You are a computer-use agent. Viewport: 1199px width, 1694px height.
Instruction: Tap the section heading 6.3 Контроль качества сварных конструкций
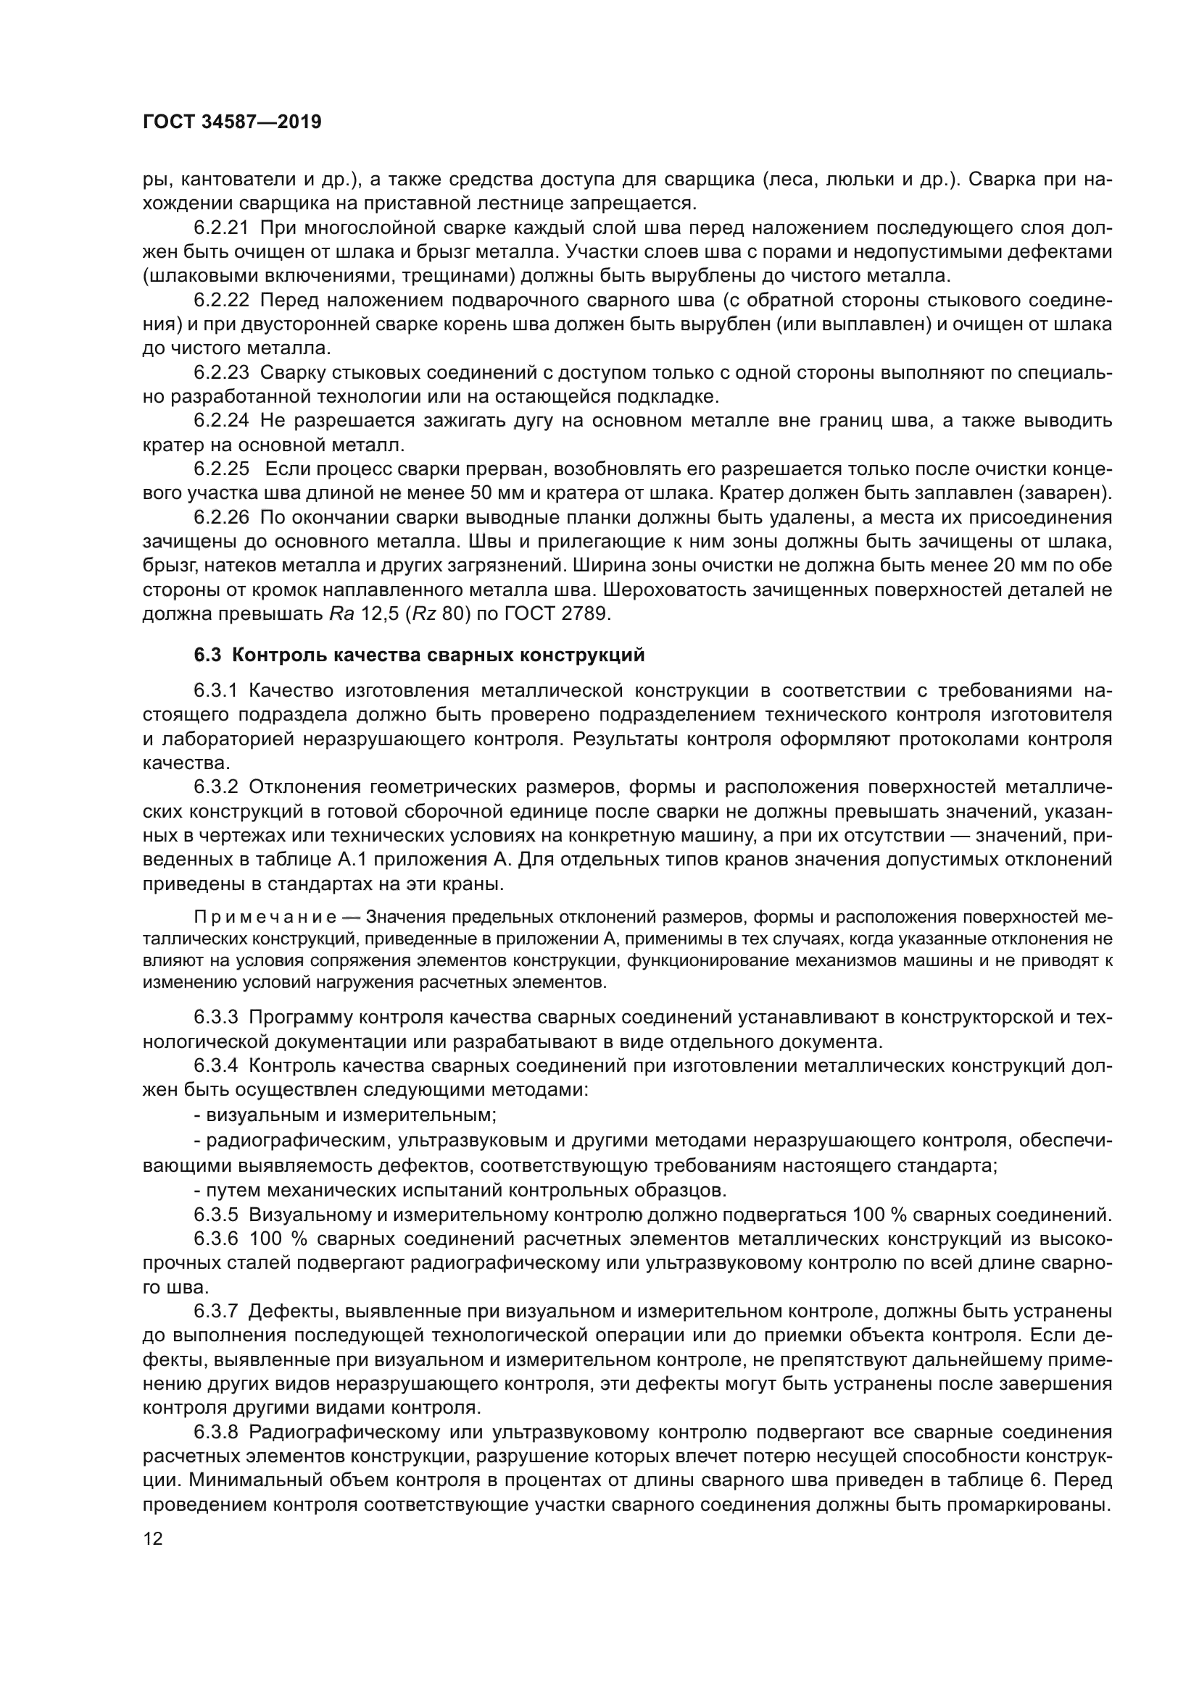tap(419, 655)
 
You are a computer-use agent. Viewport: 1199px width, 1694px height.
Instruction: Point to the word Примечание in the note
tap(265, 917)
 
